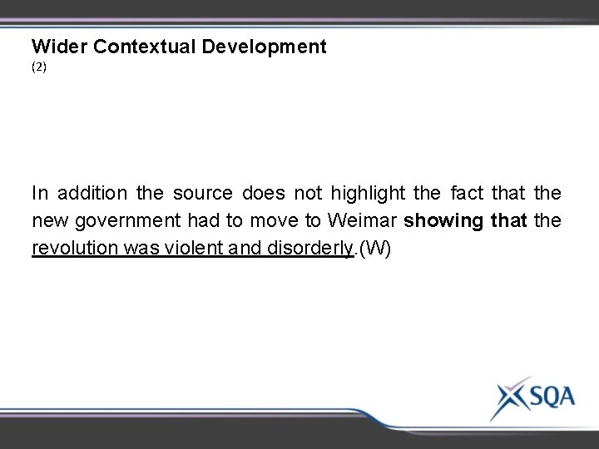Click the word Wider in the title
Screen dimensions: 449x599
(x=60, y=47)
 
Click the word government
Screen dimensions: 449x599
(x=121, y=222)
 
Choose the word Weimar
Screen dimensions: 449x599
(x=364, y=222)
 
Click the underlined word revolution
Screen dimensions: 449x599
(x=72, y=249)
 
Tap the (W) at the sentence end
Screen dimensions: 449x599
(x=374, y=249)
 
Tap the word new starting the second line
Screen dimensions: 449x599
(x=48, y=222)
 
